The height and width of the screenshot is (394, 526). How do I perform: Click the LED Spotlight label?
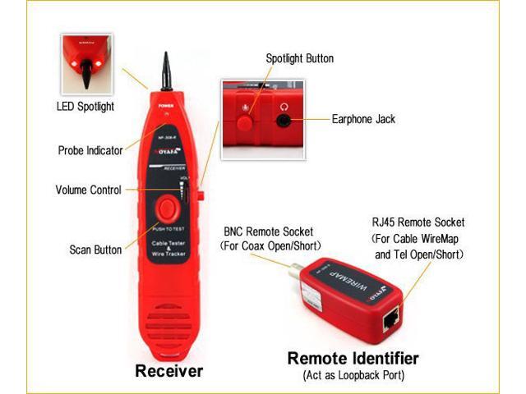[85, 107]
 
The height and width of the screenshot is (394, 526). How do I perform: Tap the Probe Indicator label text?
[90, 150]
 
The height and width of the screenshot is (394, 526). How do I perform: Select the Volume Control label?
[88, 190]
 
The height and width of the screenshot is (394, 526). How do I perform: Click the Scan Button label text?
[95, 250]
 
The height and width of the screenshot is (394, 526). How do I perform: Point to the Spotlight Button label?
[299, 59]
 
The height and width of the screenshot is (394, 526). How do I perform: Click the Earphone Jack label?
[362, 119]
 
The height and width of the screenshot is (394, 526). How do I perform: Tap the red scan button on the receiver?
[167, 206]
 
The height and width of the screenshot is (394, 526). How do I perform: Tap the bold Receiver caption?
[168, 371]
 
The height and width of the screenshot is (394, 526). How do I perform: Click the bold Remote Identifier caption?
[353, 359]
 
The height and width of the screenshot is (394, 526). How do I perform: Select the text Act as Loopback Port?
[353, 376]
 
